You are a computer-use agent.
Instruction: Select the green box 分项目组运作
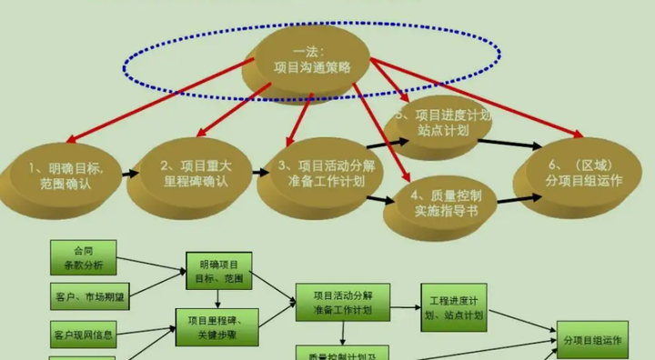tap(592, 340)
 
